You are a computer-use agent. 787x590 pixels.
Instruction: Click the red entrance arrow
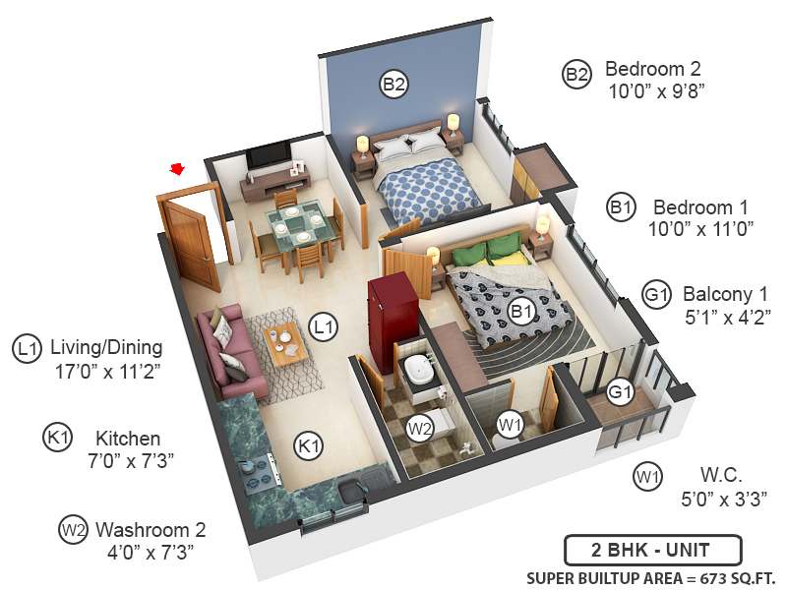(x=178, y=169)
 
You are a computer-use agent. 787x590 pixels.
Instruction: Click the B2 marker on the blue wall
(x=393, y=85)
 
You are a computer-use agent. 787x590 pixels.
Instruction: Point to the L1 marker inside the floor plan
(x=323, y=324)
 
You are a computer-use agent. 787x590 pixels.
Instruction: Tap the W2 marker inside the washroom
(x=420, y=429)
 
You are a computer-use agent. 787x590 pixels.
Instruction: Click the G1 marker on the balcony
(x=619, y=392)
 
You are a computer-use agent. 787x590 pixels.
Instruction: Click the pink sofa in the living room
(x=227, y=350)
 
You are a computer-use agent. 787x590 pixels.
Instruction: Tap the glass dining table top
(x=295, y=226)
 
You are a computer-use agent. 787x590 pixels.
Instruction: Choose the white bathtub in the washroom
(x=422, y=370)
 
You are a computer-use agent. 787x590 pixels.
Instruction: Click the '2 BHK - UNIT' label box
(x=652, y=549)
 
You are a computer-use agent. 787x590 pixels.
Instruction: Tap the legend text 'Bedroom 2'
(x=652, y=70)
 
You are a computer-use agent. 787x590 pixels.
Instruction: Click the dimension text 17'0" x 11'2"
(x=108, y=372)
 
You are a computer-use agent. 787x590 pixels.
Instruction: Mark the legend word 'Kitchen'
(x=127, y=439)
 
